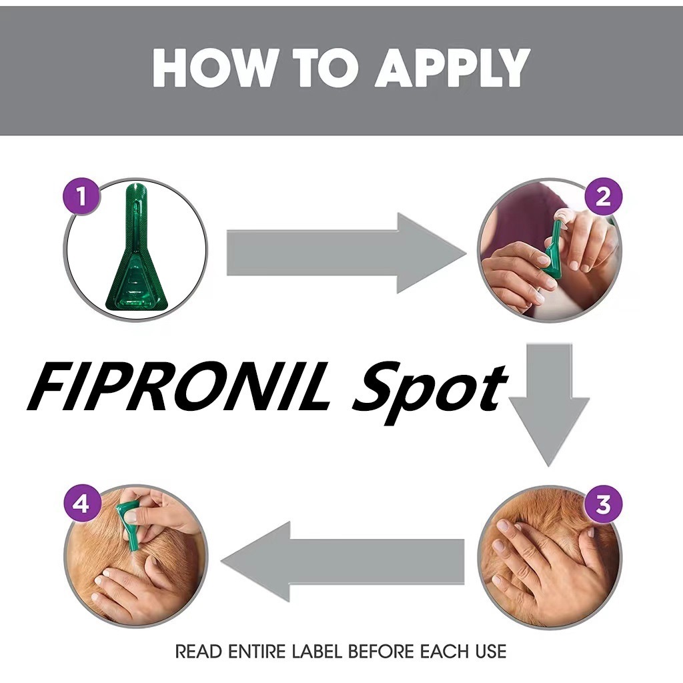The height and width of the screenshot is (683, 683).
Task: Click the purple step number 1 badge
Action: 81,197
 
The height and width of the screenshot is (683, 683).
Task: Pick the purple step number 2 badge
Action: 603,197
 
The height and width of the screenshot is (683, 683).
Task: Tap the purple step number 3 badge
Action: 603,504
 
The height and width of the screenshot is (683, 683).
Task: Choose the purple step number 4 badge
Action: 81,504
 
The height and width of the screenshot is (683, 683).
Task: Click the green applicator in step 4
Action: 128,527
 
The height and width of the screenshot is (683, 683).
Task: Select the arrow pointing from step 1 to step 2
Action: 344,253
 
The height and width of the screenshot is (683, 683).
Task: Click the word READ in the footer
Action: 199,652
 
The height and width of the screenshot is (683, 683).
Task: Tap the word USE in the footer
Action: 491,652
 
